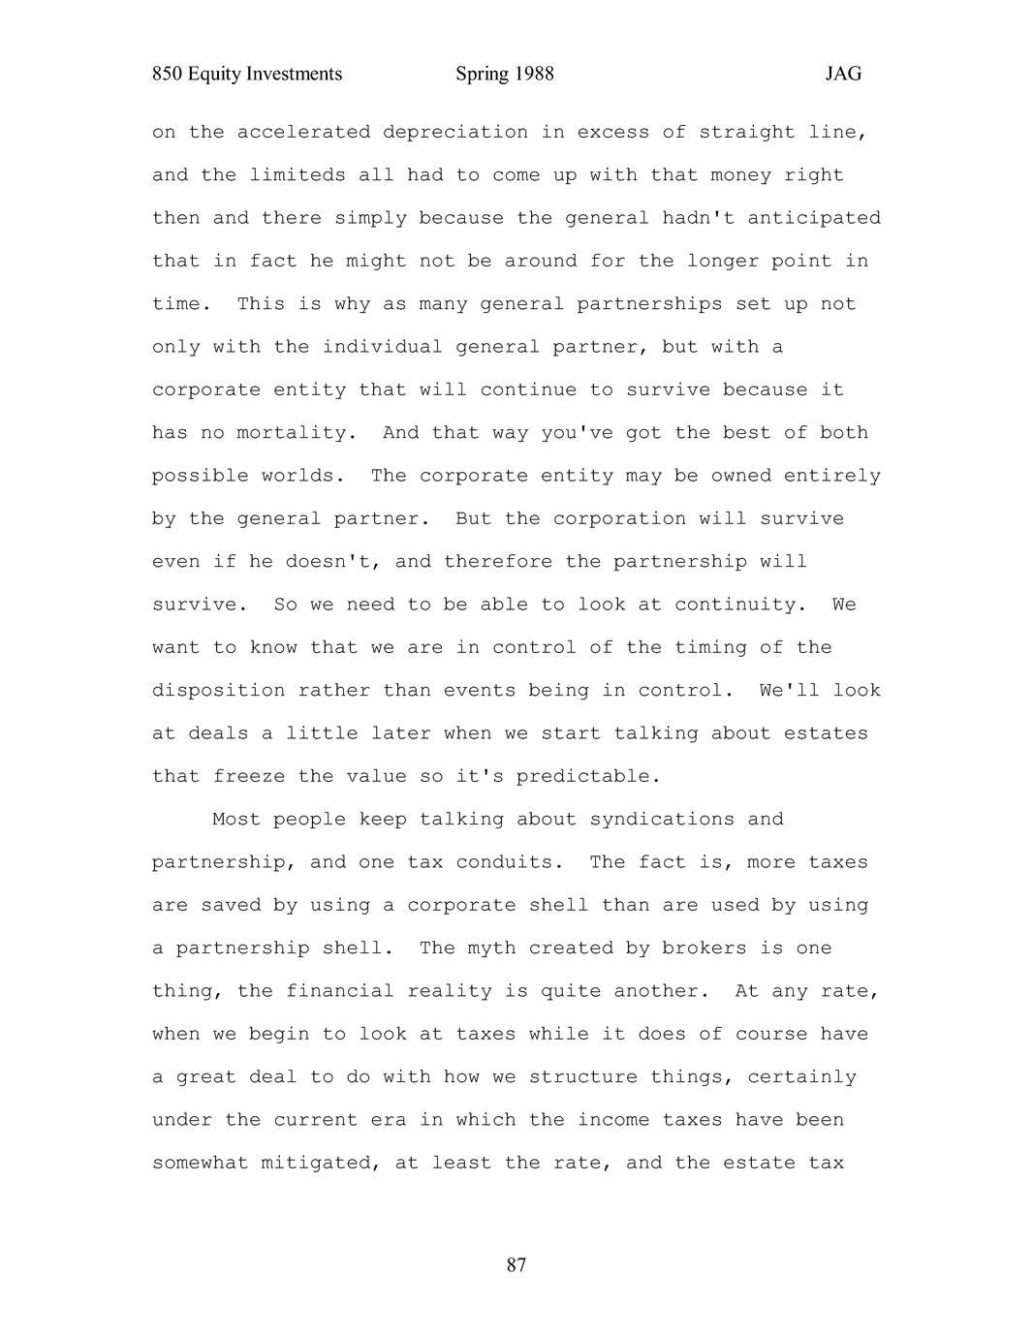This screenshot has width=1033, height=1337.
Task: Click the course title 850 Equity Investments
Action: pyautogui.click(x=247, y=74)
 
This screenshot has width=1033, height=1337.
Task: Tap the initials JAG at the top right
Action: pyautogui.click(x=843, y=74)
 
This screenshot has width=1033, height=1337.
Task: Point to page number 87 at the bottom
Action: pyautogui.click(x=516, y=1264)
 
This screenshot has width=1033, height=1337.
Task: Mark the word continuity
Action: pyautogui.click(x=741, y=605)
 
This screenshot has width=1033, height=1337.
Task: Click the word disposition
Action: pyautogui.click(x=218, y=691)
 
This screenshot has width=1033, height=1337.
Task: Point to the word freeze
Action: pyautogui.click(x=249, y=776)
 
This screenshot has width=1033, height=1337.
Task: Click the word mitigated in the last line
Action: pyautogui.click(x=321, y=1163)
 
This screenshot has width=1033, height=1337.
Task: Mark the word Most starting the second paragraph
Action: pyautogui.click(x=236, y=820)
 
